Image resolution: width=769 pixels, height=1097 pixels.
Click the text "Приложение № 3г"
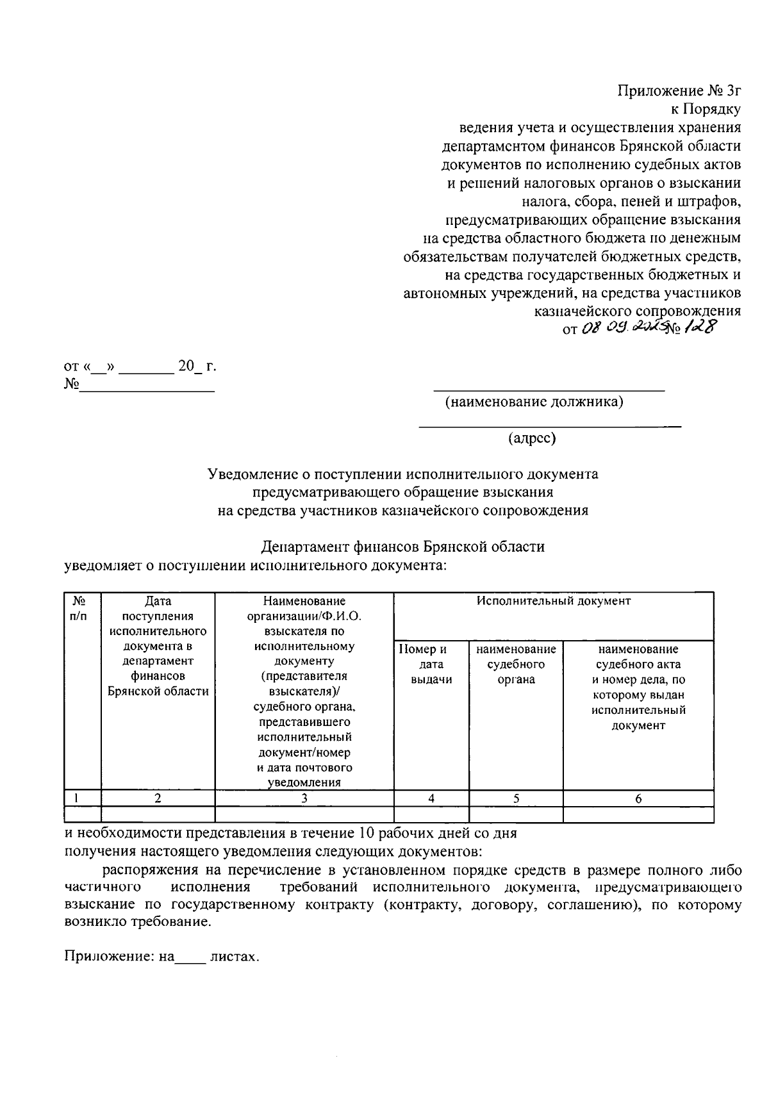point(679,90)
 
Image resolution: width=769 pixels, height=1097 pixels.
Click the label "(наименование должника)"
point(534,402)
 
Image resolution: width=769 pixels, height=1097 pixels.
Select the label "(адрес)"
point(532,438)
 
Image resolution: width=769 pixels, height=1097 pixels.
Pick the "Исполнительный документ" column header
point(553,601)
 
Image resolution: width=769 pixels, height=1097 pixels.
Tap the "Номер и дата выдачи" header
point(431,664)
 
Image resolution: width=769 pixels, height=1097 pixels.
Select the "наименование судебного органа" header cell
point(516,664)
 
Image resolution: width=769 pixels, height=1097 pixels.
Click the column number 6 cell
point(638,798)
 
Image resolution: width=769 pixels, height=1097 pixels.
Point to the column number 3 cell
point(304,798)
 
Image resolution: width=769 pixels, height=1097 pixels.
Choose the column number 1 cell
point(77,798)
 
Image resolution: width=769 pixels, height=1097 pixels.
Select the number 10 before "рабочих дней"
point(365,834)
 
